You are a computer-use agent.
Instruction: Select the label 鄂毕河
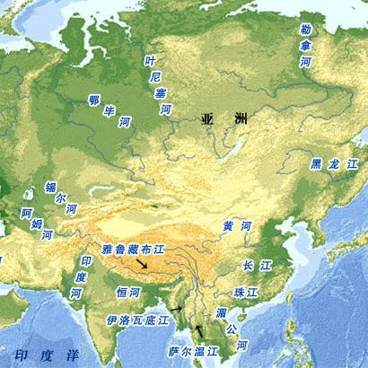click(x=109, y=111)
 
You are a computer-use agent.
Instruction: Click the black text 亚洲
click(x=217, y=118)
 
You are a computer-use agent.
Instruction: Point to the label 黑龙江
click(x=333, y=164)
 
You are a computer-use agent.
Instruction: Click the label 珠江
click(x=245, y=293)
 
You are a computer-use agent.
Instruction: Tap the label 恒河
click(x=127, y=293)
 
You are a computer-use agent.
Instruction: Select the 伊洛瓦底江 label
click(x=137, y=320)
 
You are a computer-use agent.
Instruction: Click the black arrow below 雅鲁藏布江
click(x=144, y=267)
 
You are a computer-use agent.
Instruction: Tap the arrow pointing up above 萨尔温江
click(x=198, y=331)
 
